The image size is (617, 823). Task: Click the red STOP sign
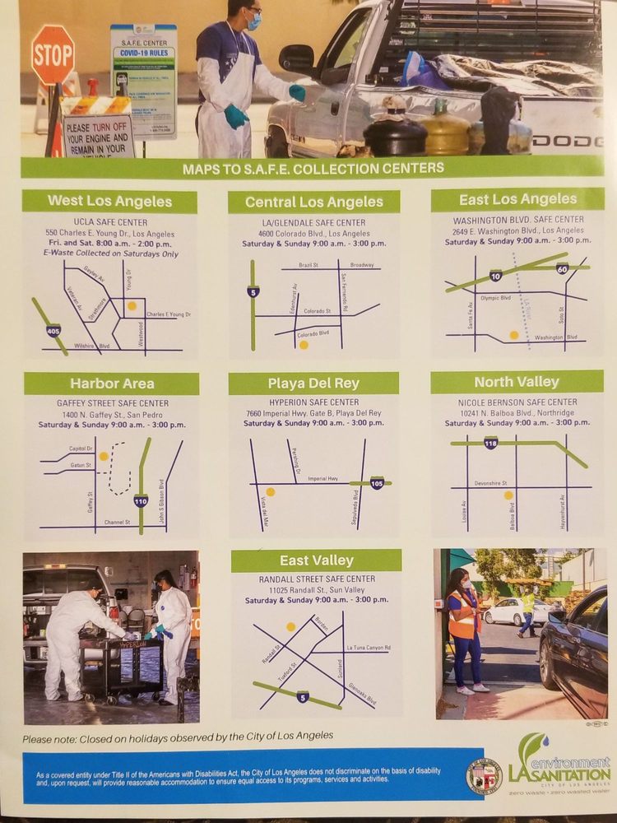click(53, 54)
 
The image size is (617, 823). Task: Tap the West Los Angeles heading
click(109, 201)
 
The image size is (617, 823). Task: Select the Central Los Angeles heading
click(313, 202)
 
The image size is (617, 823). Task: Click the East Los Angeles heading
click(517, 199)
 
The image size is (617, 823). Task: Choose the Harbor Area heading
click(111, 384)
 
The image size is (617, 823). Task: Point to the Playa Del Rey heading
click(313, 384)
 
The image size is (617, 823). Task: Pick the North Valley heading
click(517, 382)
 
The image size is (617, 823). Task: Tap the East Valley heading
click(316, 560)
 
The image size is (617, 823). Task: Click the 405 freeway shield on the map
click(53, 331)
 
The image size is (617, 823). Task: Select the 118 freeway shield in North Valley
click(490, 444)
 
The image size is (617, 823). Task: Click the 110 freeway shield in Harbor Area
click(141, 500)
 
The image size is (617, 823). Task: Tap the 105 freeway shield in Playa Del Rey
click(377, 483)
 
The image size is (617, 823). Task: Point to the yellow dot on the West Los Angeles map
click(132, 305)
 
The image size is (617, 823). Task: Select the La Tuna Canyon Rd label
click(368, 648)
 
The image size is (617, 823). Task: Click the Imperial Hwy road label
click(322, 478)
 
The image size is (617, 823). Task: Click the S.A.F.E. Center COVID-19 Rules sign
click(143, 81)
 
